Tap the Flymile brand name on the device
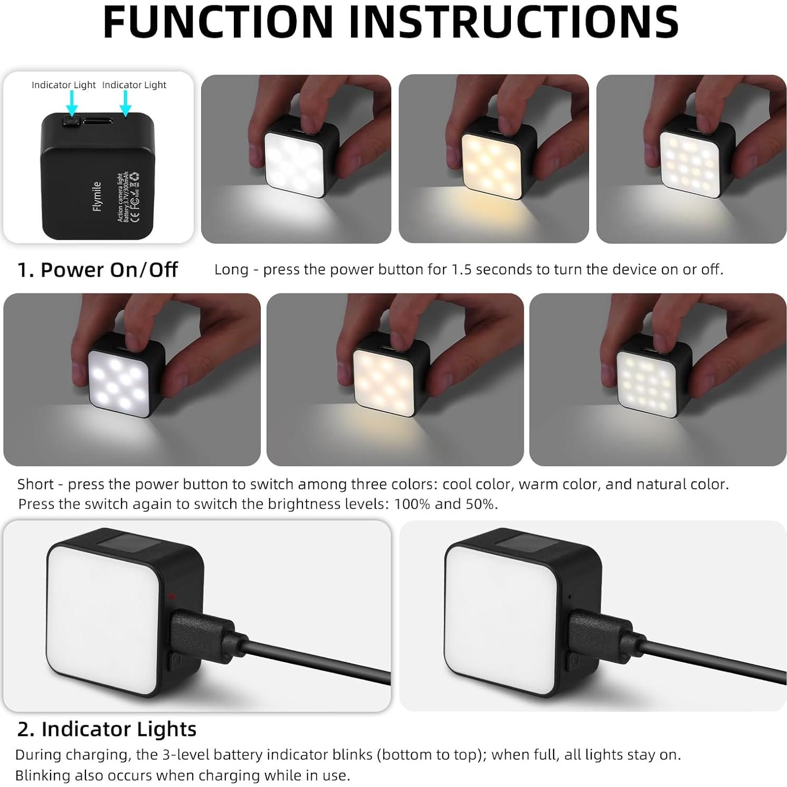click(97, 196)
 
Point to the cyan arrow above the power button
click(72, 102)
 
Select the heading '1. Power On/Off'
click(98, 270)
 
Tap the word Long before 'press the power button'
click(231, 270)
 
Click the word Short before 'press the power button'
click(35, 484)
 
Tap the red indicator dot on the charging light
click(172, 596)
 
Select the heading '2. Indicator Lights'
click(107, 729)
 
